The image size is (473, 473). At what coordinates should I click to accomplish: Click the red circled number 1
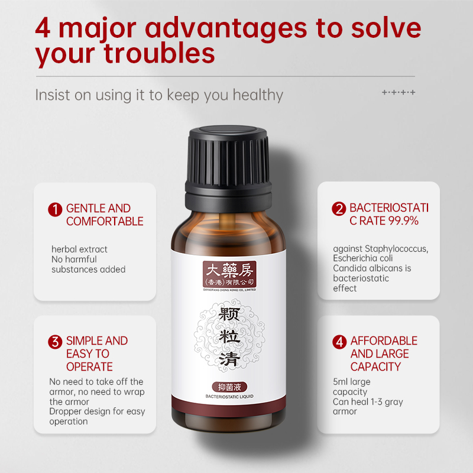click(x=55, y=209)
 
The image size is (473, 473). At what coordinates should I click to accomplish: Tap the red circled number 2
click(x=339, y=209)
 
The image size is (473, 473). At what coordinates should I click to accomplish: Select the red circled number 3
click(x=55, y=342)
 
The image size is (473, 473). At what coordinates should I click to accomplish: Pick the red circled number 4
click(x=339, y=342)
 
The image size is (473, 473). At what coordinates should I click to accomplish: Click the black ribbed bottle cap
click(x=228, y=169)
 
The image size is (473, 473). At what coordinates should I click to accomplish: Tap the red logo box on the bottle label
click(x=229, y=274)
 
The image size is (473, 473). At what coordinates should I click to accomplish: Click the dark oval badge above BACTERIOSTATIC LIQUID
click(x=229, y=387)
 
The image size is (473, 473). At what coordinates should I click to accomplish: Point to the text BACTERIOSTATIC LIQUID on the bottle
click(x=229, y=396)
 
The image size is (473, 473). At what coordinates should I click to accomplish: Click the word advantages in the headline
click(x=226, y=28)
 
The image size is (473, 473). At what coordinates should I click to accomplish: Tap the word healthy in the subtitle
click(x=258, y=95)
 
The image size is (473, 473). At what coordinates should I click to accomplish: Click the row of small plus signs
click(x=399, y=92)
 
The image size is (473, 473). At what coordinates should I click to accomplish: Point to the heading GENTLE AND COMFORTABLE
click(x=105, y=215)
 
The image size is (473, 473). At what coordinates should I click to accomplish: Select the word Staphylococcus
click(x=396, y=249)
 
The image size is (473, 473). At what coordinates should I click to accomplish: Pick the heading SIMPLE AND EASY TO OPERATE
click(x=97, y=354)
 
